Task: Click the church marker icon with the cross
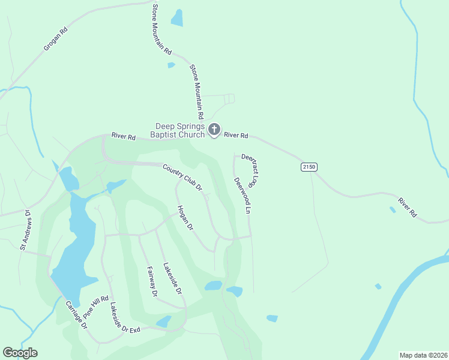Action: point(214,130)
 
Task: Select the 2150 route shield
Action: point(309,167)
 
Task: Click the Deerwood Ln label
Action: point(242,196)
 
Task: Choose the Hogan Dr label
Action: point(185,218)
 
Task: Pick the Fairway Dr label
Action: point(152,282)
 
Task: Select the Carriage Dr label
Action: point(77,315)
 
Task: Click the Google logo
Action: point(20,353)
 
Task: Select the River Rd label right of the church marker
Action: point(236,136)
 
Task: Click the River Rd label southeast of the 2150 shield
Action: point(406,206)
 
